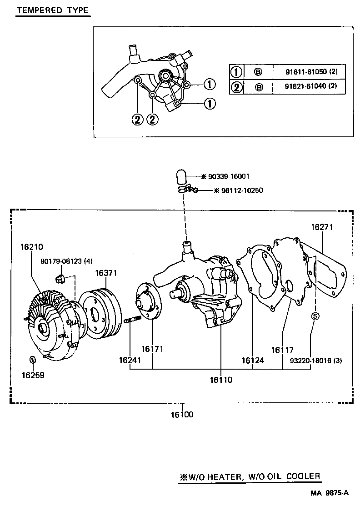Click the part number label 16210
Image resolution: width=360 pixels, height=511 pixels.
point(31,247)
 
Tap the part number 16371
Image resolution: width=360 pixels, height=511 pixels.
point(106,273)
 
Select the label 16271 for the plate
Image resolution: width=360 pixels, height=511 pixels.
point(322,227)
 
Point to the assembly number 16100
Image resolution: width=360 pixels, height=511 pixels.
point(182,414)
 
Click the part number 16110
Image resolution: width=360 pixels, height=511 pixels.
point(221,380)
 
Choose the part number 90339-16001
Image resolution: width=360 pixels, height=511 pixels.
point(225,176)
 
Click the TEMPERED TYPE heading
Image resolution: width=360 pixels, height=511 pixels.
point(52,11)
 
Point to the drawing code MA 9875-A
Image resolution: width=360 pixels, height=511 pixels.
point(330,493)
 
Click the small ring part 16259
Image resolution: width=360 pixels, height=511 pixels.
point(33,360)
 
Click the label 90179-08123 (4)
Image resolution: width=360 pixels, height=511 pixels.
point(66,261)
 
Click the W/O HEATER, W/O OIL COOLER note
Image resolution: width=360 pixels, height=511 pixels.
point(250,476)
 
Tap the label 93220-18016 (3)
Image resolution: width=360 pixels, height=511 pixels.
point(315,361)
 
